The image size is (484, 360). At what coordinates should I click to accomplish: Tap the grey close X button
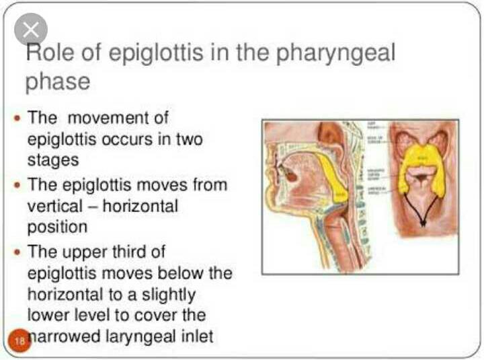point(31,30)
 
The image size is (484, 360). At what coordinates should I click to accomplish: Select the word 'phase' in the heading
point(58,81)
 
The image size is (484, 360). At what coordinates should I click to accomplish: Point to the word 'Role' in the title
point(48,52)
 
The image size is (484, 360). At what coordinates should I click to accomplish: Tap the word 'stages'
point(52,160)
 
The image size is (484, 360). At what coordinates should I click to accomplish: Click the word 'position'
point(58,227)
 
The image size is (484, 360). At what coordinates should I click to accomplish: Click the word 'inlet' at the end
point(196,335)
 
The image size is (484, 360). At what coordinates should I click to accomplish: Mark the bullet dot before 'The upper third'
point(18,252)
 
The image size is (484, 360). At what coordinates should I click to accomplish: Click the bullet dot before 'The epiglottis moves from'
point(18,184)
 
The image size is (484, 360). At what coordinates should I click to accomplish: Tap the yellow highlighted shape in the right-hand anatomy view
point(422,168)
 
